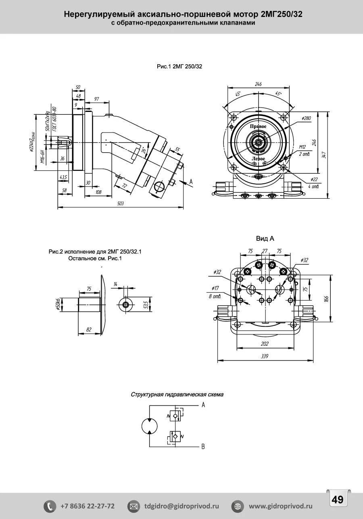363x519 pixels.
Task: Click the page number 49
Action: tap(337, 500)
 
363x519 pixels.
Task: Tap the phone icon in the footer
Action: tap(50, 506)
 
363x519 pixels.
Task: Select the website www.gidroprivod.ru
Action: tap(281, 506)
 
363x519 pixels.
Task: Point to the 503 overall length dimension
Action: tap(120, 204)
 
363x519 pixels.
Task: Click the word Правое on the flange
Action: tap(258, 126)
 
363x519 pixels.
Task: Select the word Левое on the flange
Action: tap(258, 159)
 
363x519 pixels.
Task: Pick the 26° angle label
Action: tap(144, 150)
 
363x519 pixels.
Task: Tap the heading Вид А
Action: tap(265, 239)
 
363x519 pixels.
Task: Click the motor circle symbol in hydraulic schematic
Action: tap(149, 426)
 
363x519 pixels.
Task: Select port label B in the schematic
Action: tap(203, 447)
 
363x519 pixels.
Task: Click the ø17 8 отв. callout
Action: tap(215, 292)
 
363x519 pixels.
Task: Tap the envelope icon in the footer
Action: tap(133, 506)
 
